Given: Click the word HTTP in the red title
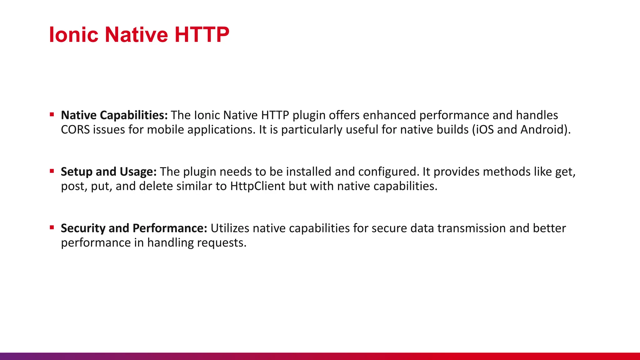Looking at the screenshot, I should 202,34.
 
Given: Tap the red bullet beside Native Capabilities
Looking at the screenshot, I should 52,115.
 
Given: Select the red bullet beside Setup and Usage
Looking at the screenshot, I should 52,171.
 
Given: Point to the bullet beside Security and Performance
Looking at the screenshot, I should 52,227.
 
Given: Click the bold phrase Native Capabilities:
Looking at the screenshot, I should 114,115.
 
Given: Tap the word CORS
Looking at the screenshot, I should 75,130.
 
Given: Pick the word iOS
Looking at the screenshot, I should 484,130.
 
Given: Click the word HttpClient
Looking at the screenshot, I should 257,186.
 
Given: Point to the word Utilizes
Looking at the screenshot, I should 230,228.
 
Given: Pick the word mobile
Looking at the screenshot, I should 165,130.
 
